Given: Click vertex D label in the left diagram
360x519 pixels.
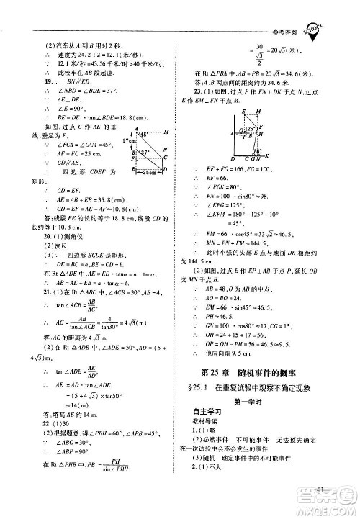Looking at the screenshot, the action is coord(168,169).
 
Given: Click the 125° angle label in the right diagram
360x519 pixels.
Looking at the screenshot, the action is coord(250,127).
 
